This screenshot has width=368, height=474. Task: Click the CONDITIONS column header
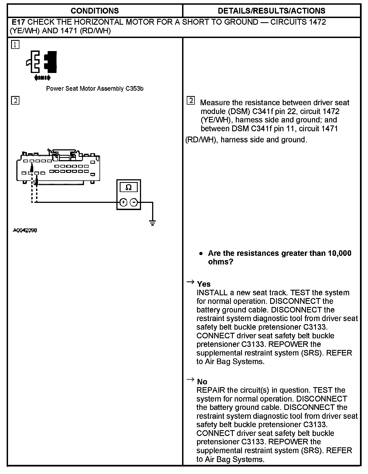pyautogui.click(x=94, y=11)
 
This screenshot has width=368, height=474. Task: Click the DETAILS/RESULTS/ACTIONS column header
pyautogui.click(x=272, y=11)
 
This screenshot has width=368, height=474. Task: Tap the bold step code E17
pyautogui.click(x=19, y=22)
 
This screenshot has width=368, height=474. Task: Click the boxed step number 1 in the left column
pyautogui.click(x=15, y=45)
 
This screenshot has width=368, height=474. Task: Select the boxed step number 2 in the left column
pyautogui.click(x=15, y=100)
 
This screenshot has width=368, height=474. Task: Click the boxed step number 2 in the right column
pyautogui.click(x=191, y=100)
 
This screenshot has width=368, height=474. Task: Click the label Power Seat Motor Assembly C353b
pyautogui.click(x=94, y=89)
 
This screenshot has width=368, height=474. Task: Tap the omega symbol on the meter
pyautogui.click(x=129, y=187)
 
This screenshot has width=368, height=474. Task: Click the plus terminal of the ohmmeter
pyautogui.click(x=124, y=202)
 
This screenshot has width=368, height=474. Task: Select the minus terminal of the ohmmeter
pyautogui.click(x=134, y=202)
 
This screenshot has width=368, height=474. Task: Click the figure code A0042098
pyautogui.click(x=25, y=230)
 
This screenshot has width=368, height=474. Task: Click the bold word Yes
pyautogui.click(x=204, y=284)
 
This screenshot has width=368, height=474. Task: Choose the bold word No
pyautogui.click(x=202, y=382)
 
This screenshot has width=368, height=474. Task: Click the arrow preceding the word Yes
pyautogui.click(x=190, y=282)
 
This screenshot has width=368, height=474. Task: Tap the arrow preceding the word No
pyautogui.click(x=190, y=380)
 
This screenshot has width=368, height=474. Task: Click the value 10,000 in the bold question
pyautogui.click(x=339, y=253)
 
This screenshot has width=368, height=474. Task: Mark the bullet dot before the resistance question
pyautogui.click(x=201, y=254)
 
